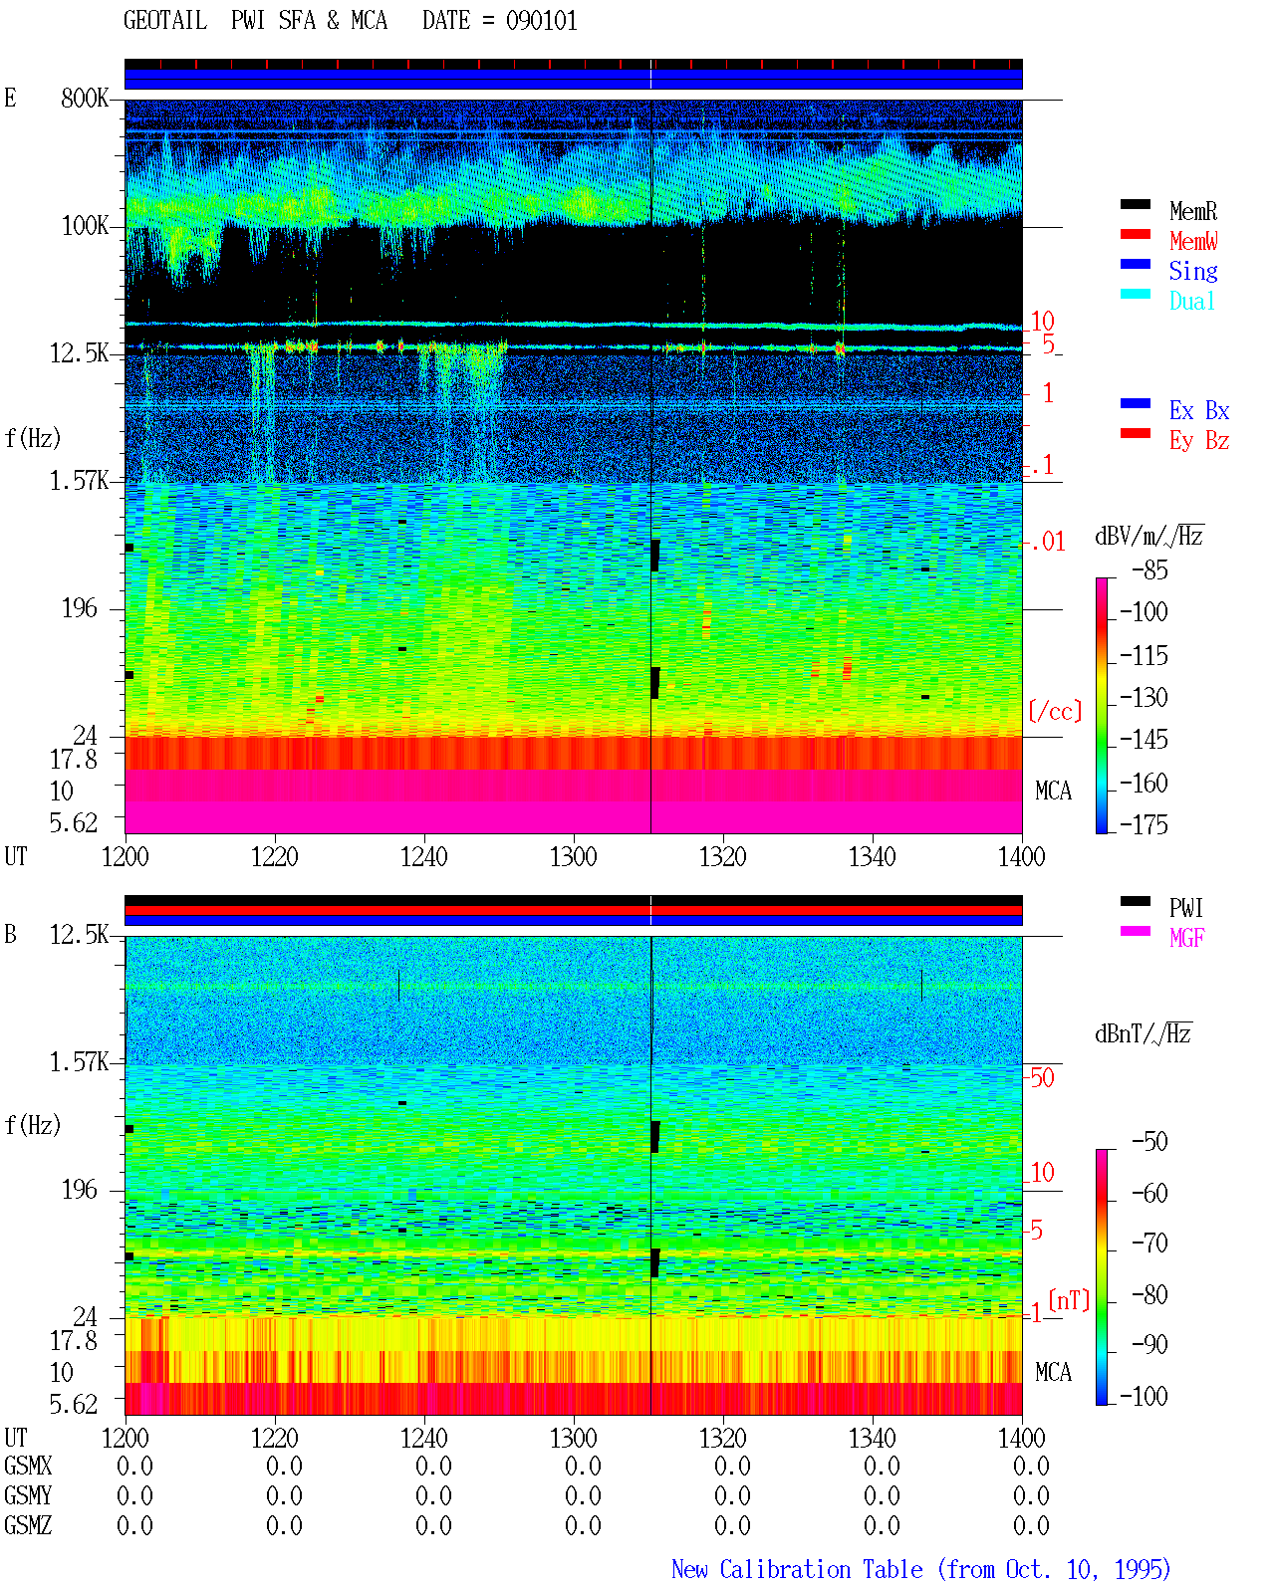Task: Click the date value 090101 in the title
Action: pyautogui.click(x=541, y=21)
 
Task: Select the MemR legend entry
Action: pyautogui.click(x=1192, y=211)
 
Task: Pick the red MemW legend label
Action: pyautogui.click(x=1192, y=241)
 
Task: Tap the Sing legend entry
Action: pyautogui.click(x=1192, y=271)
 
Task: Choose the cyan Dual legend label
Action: pyautogui.click(x=1191, y=301)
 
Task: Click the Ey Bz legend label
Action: pyautogui.click(x=1198, y=441)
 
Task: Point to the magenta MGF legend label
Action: pyautogui.click(x=1186, y=938)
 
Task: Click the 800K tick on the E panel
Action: pyautogui.click(x=85, y=98)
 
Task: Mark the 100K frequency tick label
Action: pyautogui.click(x=85, y=226)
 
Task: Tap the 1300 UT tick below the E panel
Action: pyautogui.click(x=573, y=856)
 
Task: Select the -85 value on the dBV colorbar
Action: pyautogui.click(x=1149, y=569)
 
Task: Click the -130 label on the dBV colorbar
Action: pyautogui.click(x=1144, y=697)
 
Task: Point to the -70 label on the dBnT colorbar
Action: pyautogui.click(x=1149, y=1243)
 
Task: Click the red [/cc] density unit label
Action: pyautogui.click(x=1055, y=711)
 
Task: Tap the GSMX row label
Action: pyautogui.click(x=28, y=1466)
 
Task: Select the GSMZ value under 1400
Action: pyautogui.click(x=1031, y=1525)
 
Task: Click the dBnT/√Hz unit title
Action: pyautogui.click(x=1143, y=1033)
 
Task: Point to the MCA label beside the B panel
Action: pyautogui.click(x=1053, y=1372)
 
